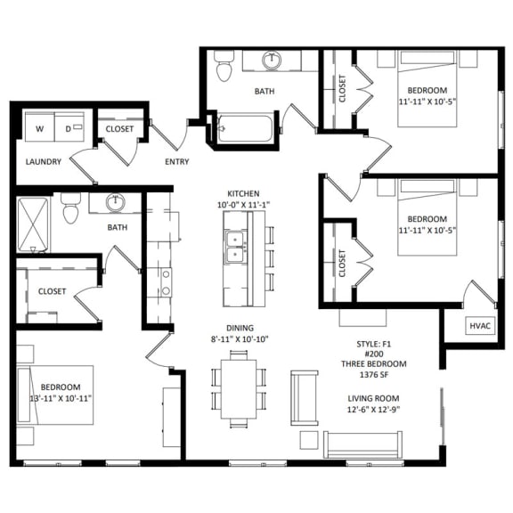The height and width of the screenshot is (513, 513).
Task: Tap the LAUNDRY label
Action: (43, 162)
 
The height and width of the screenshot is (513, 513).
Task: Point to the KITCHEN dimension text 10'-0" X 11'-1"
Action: (244, 205)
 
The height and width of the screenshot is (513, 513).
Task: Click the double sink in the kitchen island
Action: (236, 247)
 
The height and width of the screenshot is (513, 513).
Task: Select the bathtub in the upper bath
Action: (244, 129)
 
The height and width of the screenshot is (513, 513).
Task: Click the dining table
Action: (238, 385)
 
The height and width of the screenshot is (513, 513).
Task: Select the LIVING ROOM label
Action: (374, 398)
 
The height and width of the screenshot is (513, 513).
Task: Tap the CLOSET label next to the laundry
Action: (119, 129)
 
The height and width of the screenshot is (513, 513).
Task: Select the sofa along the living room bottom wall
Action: (362, 444)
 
